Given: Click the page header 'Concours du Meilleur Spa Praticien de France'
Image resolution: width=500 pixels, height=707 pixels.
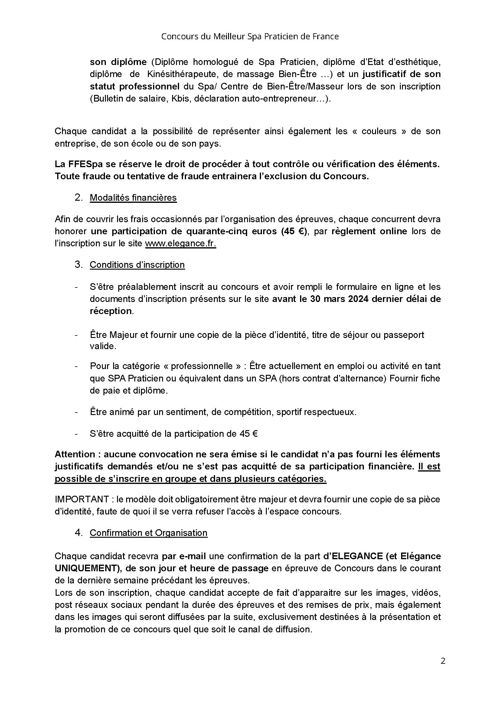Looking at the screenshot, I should pyautogui.click(x=250, y=37).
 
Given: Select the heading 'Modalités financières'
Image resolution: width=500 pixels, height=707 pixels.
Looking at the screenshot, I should pyautogui.click(x=133, y=198).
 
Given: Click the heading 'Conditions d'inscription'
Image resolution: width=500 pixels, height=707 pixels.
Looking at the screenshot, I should pyautogui.click(x=137, y=265).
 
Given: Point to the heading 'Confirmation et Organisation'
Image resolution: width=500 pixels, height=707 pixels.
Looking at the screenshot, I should pyautogui.click(x=149, y=533).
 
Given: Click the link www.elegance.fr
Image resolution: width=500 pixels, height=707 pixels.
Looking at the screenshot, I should pyautogui.click(x=180, y=244).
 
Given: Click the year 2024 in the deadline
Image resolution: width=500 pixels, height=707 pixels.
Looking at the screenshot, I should pyautogui.click(x=358, y=299).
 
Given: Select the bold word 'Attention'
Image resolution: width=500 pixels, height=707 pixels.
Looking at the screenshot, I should pyautogui.click(x=75, y=454).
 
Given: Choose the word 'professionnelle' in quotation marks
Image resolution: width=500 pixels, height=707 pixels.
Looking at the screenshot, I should pyautogui.click(x=201, y=366).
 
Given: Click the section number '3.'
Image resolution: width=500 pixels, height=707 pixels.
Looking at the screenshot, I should pyautogui.click(x=79, y=265).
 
